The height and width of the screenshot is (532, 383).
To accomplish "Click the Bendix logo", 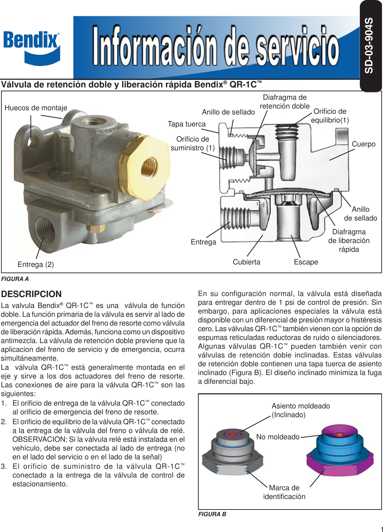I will click(x=32, y=47).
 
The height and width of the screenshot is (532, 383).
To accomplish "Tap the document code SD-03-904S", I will click(x=369, y=46).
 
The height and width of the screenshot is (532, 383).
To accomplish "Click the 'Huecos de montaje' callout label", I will click(x=36, y=108).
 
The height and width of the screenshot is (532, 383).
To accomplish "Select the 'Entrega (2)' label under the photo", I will click(x=36, y=264).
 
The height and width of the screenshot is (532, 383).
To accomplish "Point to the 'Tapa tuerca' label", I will click(x=186, y=124).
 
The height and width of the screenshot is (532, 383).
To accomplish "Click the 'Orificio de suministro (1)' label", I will click(x=192, y=144).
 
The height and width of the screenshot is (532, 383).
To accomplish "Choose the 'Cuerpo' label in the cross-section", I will click(x=363, y=144).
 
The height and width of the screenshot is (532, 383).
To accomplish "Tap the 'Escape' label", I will click(x=306, y=262).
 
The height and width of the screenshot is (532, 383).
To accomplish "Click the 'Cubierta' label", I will click(x=246, y=262).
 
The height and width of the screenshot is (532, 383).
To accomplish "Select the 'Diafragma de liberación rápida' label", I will click(x=349, y=241).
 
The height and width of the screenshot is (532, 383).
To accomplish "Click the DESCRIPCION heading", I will click(x=31, y=294).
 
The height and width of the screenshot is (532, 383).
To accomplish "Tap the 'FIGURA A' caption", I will click(x=15, y=279).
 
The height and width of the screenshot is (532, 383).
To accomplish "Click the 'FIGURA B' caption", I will click(x=212, y=514).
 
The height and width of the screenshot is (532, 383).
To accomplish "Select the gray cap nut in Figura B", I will click(x=233, y=451).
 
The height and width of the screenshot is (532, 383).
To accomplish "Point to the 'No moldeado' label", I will click(x=278, y=437).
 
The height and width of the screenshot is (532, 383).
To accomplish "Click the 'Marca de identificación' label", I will click(x=284, y=492).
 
